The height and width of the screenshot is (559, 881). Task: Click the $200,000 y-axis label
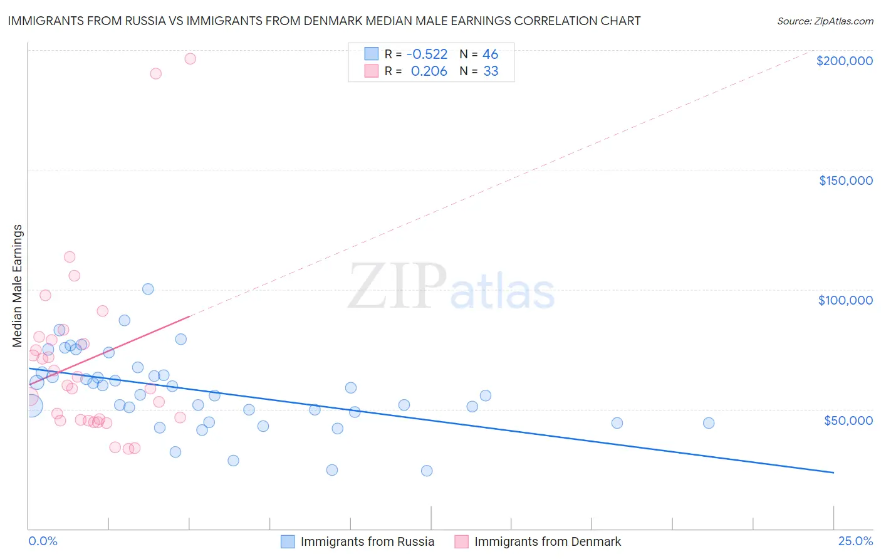(844, 61)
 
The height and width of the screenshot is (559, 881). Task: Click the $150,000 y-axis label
(845, 180)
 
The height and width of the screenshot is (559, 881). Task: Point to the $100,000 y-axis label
(845, 300)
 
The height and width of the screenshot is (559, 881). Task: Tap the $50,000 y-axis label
(848, 420)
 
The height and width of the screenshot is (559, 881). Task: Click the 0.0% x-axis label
(43, 541)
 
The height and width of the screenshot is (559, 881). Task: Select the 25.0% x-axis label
(855, 541)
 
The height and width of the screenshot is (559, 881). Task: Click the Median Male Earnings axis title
(18, 285)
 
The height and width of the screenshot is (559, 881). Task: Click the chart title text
(324, 21)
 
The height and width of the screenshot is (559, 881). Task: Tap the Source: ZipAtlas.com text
(825, 21)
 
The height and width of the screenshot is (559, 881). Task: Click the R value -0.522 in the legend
(427, 55)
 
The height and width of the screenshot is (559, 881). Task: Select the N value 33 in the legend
(491, 71)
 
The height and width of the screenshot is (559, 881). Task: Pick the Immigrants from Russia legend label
(367, 541)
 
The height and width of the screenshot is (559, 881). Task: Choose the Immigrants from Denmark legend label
(548, 541)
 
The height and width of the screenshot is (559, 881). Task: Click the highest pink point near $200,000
(190, 59)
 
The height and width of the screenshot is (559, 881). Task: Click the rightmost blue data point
(709, 423)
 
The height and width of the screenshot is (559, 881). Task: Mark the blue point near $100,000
(148, 289)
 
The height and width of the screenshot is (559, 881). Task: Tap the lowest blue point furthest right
(427, 471)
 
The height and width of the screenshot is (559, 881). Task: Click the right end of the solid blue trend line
(833, 473)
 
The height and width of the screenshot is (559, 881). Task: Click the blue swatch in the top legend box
(372, 54)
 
